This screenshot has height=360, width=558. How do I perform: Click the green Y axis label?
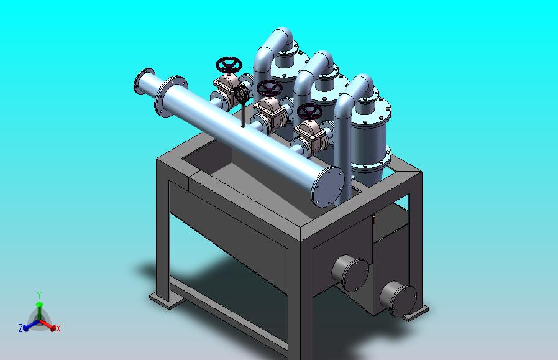pos(39,295)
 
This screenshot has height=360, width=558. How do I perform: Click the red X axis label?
pos(58,328)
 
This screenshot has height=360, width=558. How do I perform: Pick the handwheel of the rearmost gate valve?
pos(229,64)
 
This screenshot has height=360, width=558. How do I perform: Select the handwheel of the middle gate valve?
pos(268,88)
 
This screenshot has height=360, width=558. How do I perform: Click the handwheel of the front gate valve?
pos(309,111)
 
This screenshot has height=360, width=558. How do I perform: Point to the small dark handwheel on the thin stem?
pos(242,95)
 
